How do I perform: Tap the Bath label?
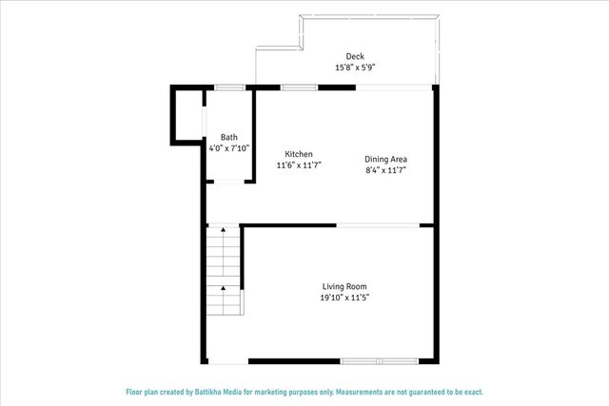pyautogui.click(x=228, y=137)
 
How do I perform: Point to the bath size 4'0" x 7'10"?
pyautogui.click(x=228, y=147)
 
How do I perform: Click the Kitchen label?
pyautogui.click(x=299, y=154)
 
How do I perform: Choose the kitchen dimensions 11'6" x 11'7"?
pyautogui.click(x=299, y=164)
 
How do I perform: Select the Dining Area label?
pyautogui.click(x=385, y=159)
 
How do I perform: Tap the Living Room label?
pyautogui.click(x=344, y=286)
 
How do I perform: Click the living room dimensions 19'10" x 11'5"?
pyautogui.click(x=344, y=297)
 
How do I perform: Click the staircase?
pyautogui.click(x=225, y=271)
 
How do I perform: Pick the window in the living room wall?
pyautogui.click(x=380, y=361)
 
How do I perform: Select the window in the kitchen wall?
pyautogui.click(x=299, y=87)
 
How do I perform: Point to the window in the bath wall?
pyautogui.click(x=229, y=87)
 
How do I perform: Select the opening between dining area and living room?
pyautogui.click(x=378, y=225)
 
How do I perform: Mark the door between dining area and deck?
pyautogui.click(x=394, y=87)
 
